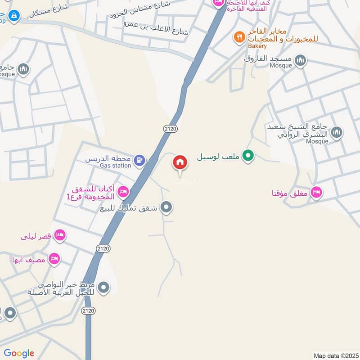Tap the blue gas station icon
[x=140, y=159]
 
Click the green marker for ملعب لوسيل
[x=247, y=157]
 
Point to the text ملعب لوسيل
[x=219, y=157]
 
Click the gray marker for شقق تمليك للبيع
[x=166, y=207]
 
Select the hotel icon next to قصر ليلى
[x=59, y=235]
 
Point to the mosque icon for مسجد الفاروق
[x=300, y=60]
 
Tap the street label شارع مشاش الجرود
[x=140, y=9]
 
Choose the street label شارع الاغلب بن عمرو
[x=157, y=27]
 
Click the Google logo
[x=19, y=353]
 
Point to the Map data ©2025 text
[x=336, y=356]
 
